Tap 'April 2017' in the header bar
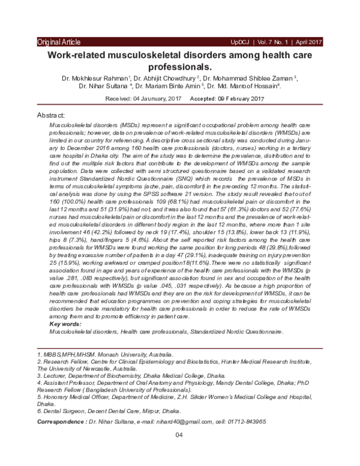(x=310, y=42)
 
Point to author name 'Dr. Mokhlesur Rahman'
(x=94, y=78)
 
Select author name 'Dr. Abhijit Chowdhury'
(x=163, y=78)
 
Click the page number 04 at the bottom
(x=179, y=435)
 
